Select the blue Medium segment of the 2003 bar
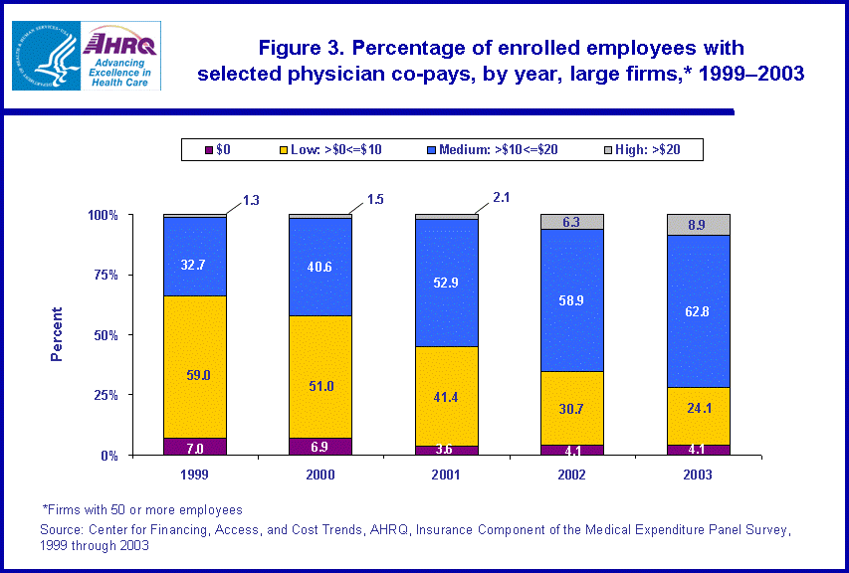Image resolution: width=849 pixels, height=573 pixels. pos(698,310)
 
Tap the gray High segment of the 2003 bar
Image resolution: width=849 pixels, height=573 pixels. pos(698,224)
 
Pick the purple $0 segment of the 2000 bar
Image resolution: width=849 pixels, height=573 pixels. pos(320,446)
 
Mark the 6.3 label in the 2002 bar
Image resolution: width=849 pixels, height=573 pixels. pos(570,222)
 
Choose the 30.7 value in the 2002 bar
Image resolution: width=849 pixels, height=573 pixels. pos(571,408)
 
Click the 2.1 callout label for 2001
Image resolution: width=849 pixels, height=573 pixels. pos(500,198)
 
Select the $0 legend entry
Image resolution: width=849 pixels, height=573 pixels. pos(218,149)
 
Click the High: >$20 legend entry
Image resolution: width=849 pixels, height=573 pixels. pos(648,149)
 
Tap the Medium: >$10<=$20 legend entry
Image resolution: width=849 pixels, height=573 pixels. pos(495,149)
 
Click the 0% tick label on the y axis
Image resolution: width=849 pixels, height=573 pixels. pos(138,456)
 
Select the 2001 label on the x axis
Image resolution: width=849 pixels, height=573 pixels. pos(446,476)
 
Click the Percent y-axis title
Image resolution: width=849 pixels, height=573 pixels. pos(57,333)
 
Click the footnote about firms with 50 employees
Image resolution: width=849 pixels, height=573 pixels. pos(142,510)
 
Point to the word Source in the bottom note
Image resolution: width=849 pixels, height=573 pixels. pos(63,529)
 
